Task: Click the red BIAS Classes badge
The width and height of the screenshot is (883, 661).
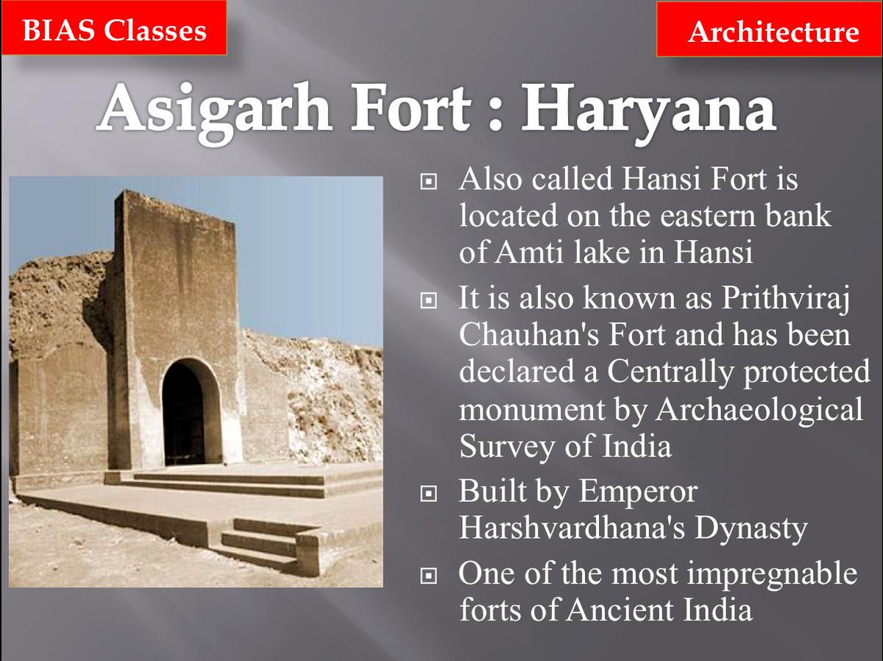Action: (114, 27)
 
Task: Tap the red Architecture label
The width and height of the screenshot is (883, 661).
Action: (769, 29)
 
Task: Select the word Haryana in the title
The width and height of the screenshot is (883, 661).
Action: (648, 110)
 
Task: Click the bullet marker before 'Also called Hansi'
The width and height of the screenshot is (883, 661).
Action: (428, 182)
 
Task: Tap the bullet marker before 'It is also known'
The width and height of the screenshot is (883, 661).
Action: (428, 300)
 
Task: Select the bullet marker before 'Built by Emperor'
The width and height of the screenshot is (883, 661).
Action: (428, 493)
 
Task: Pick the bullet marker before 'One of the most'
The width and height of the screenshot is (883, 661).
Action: (428, 576)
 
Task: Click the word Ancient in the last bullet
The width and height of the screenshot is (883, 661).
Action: (620, 610)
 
